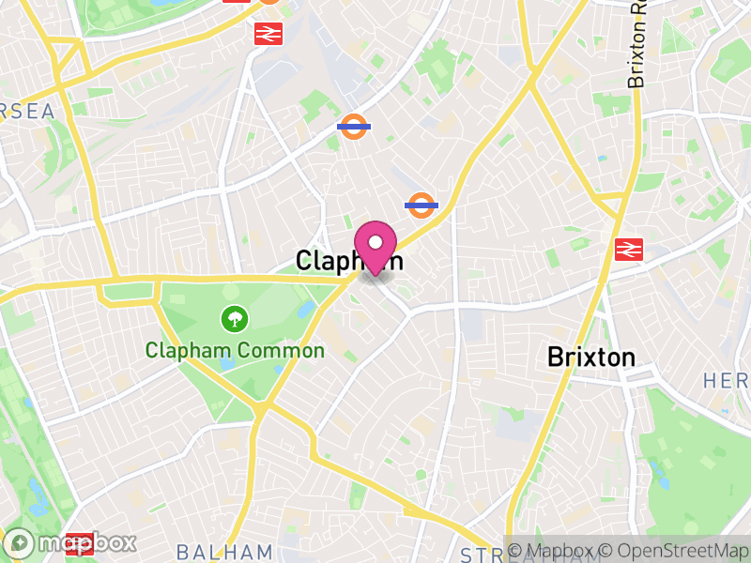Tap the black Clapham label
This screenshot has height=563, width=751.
coord(349,261)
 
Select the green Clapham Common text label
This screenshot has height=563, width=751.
coord(235,351)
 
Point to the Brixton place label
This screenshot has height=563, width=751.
coord(591,358)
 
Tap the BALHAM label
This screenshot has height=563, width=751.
coord(224,552)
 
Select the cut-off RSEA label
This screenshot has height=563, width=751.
coord(27,112)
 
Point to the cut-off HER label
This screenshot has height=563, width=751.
coord(727,381)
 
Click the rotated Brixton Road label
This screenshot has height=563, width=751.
coord(638,45)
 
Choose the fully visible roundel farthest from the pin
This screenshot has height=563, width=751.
coord(353,126)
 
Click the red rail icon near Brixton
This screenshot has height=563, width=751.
coord(628,249)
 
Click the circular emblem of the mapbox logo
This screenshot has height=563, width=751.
coord(20,543)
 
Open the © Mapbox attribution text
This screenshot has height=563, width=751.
coord(559,551)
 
